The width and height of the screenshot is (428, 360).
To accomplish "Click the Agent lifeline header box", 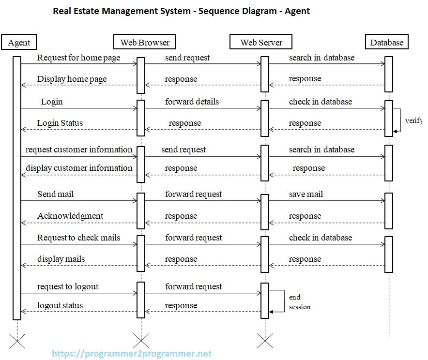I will tap(19, 43).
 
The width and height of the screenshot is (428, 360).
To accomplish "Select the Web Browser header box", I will tap(145, 43).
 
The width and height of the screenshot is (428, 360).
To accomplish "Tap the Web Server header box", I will tap(261, 43).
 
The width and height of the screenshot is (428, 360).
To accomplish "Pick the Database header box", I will tap(386, 43).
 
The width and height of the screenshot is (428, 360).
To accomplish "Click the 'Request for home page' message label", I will tap(78, 58).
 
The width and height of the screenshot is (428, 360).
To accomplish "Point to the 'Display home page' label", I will tap(72, 79).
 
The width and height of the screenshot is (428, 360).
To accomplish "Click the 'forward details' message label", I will tap(192, 102).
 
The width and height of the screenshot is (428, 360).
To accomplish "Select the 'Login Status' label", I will tap(60, 123).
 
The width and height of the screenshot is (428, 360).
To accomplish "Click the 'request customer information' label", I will tap(79, 150).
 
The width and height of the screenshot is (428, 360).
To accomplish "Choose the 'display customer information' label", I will tap(79, 168).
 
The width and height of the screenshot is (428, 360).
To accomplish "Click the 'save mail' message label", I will tap(306, 194).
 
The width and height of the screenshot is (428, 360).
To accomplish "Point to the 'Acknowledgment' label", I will tap(70, 216).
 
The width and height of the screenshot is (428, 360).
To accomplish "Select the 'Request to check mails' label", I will tap(78, 238).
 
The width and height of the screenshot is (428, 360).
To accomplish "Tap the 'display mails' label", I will tap(61, 259).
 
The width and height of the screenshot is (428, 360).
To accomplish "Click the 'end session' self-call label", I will tap(299, 302).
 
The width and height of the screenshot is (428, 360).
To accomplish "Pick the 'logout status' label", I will tap(60, 305).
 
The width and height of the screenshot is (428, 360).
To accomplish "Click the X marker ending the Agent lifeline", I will tap(17, 341).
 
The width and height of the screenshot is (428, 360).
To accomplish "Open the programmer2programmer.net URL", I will tap(132, 354).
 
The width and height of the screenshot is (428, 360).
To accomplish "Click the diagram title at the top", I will tap(181, 11).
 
